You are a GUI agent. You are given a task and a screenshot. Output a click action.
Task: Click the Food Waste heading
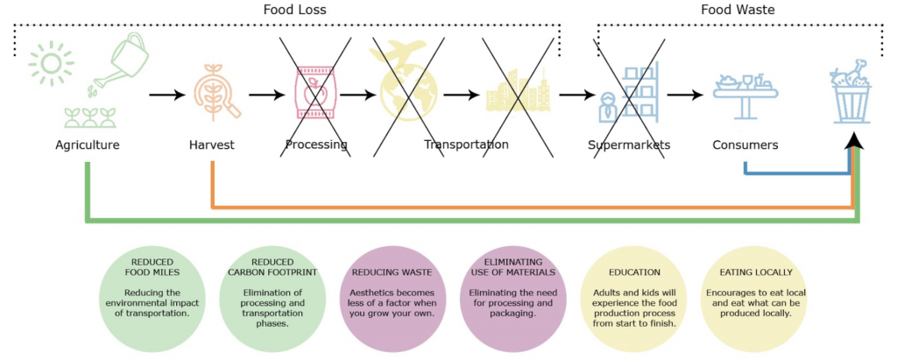click(738, 10)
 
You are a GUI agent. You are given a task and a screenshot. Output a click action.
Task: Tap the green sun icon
click(47, 64)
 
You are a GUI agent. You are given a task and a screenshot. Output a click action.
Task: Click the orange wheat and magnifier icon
click(213, 90)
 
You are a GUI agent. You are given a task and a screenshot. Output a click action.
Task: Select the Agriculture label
click(87, 145)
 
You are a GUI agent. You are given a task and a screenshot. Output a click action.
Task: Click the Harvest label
click(212, 145)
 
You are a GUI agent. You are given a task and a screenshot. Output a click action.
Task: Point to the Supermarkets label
click(629, 145)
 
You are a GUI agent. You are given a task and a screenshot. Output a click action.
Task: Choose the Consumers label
click(745, 145)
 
